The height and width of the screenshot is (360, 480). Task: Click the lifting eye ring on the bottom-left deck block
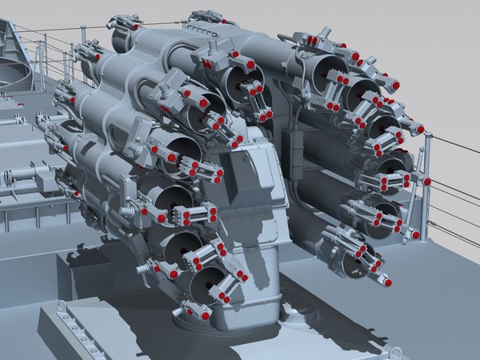click(x=62, y=306)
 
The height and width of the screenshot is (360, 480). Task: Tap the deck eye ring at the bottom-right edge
click(x=394, y=351)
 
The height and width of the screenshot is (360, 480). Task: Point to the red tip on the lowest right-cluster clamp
click(x=388, y=282)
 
